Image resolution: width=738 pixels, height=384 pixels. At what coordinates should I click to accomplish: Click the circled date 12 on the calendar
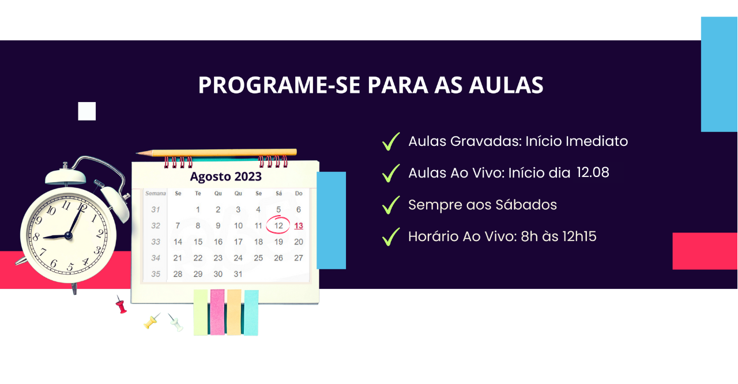(278, 225)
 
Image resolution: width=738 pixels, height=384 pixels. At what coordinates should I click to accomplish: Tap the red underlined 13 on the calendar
(299, 225)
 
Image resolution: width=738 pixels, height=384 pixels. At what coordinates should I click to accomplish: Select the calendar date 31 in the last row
(238, 274)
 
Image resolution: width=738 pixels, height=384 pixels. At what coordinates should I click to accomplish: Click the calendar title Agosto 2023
(225, 176)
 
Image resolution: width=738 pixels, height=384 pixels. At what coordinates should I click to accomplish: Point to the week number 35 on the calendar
(156, 274)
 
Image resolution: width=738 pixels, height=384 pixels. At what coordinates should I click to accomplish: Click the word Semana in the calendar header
(156, 193)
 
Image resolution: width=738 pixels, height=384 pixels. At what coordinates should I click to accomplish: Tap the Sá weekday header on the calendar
(278, 193)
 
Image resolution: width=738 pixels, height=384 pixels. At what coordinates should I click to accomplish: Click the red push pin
(121, 304)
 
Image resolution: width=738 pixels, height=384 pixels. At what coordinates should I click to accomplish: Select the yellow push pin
(152, 321)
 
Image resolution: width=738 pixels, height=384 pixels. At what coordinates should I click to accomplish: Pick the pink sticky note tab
(217, 312)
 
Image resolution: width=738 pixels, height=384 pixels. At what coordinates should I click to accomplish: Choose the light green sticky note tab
(201, 313)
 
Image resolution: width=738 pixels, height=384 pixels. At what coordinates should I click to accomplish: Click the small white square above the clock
(87, 111)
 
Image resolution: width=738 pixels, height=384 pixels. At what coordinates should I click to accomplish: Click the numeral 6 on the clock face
(54, 263)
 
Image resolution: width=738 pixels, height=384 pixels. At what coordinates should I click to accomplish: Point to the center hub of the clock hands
(69, 235)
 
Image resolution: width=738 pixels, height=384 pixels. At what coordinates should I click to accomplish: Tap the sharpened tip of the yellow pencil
(137, 153)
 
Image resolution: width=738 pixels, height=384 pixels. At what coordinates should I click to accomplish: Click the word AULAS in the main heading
(506, 85)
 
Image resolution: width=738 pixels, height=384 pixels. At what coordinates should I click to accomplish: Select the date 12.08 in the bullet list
(593, 172)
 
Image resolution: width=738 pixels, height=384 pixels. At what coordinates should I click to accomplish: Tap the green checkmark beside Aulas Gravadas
(391, 142)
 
